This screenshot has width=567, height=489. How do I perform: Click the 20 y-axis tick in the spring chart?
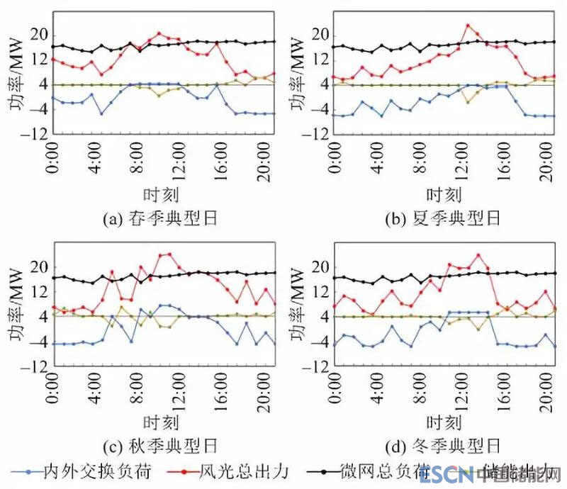pos(40,35)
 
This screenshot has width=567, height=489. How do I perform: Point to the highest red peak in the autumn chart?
pos(169,253)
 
